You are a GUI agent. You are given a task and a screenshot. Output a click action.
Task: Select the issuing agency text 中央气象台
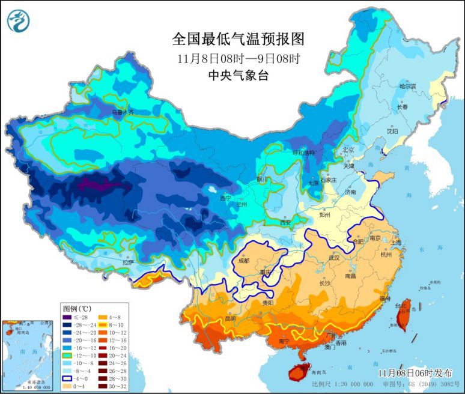pos(237,75)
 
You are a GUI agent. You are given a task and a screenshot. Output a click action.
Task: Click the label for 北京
pos(348,150)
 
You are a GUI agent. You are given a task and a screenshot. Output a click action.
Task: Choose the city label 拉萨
pos(128,262)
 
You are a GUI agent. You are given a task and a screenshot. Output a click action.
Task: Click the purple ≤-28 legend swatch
pos(67,317)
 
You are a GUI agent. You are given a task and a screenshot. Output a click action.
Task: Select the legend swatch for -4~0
pos(67,379)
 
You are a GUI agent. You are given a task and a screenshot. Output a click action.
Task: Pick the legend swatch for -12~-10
pos(67,356)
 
